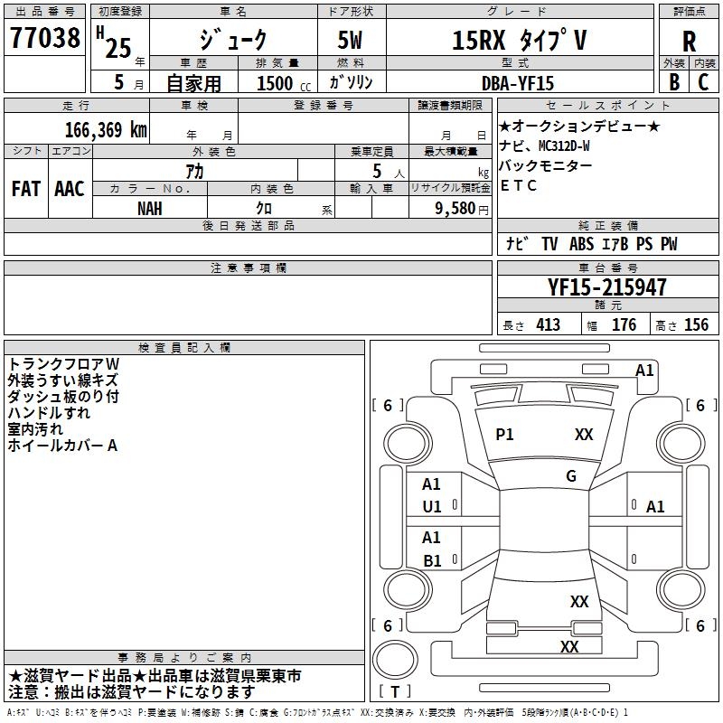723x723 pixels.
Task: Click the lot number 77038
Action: point(45,38)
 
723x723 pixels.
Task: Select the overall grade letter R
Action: point(689,42)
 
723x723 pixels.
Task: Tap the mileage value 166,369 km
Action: point(106,130)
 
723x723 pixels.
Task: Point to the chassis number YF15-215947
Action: point(606,287)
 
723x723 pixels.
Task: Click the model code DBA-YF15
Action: point(518,83)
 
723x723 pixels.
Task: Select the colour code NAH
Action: point(150,209)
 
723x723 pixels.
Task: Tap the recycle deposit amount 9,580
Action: point(455,209)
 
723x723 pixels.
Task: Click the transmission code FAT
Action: point(26,189)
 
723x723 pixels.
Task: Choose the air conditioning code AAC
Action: point(70,189)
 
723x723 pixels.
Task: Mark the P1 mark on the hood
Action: point(504,435)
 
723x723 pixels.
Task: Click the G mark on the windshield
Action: point(571,476)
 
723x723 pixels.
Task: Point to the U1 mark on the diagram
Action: point(432,507)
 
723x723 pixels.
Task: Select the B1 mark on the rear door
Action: point(432,560)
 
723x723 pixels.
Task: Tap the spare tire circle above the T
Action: point(395,660)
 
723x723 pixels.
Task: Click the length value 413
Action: point(549,325)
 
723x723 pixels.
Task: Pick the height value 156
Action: point(696,325)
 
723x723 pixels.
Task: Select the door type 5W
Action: point(350,40)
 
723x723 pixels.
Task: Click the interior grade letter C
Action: point(703,82)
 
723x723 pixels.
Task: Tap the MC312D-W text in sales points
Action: point(564,146)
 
